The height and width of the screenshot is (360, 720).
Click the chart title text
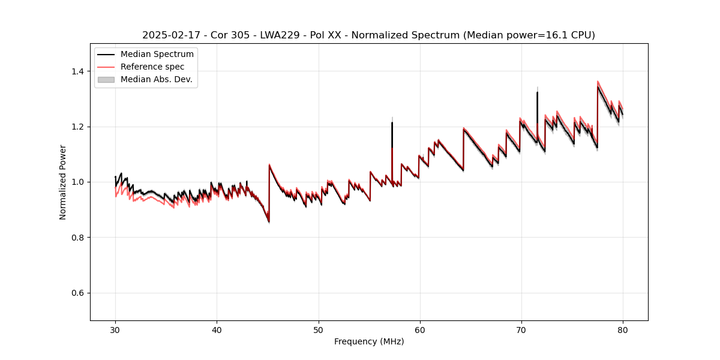coord(368,35)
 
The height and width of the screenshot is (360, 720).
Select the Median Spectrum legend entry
coord(157,55)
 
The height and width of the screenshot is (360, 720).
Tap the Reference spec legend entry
coord(152,67)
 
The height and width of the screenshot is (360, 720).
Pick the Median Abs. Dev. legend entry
coord(156,79)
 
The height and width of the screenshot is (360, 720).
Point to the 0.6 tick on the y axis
coord(79,293)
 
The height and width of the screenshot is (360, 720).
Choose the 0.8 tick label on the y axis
coord(79,238)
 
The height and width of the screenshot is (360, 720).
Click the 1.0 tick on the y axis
coord(79,182)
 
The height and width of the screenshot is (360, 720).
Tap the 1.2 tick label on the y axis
coord(79,127)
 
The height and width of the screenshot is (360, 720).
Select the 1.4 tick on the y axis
coord(79,71)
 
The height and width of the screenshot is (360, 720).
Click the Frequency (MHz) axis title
coord(369,341)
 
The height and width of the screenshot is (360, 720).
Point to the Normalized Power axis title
coord(63,182)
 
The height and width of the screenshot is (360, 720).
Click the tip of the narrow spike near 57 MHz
coord(392,123)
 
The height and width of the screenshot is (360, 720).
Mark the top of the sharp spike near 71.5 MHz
coord(537,92)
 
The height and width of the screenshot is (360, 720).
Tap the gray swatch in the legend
coord(106,79)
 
